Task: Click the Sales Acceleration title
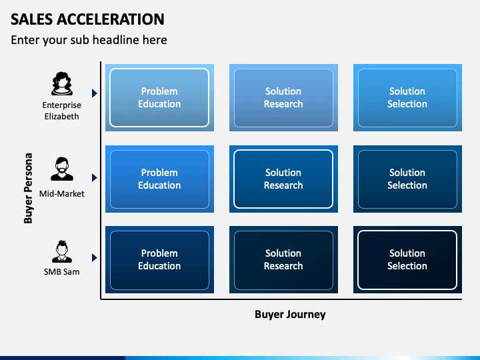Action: tap(87, 19)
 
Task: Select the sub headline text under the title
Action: tap(89, 40)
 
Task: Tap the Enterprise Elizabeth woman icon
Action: tap(62, 83)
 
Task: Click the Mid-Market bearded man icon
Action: tap(62, 169)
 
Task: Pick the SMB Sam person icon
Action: tap(62, 251)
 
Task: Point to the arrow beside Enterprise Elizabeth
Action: tap(95, 93)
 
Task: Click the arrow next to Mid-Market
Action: tap(95, 177)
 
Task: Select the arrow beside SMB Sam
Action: tap(95, 258)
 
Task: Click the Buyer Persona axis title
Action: tap(28, 188)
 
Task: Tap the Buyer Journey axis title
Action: tap(290, 315)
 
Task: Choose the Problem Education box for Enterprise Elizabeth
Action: tap(159, 97)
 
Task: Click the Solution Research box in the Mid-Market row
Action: tap(283, 179)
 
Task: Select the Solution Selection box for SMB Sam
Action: tap(407, 259)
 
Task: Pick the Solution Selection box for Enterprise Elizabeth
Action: tap(407, 97)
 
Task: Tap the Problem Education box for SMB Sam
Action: tap(159, 259)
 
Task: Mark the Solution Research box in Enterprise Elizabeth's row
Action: tap(283, 97)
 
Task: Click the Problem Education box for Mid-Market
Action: tap(159, 179)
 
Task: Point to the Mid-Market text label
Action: tap(62, 194)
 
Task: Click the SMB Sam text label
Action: tap(62, 272)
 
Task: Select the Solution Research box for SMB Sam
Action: tap(283, 259)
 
